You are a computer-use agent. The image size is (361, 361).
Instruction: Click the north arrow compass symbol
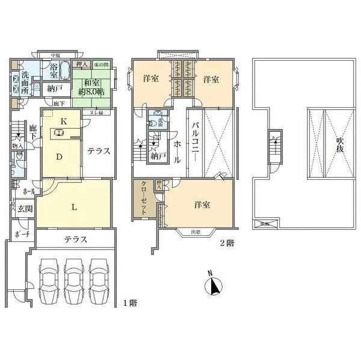click(x=214, y=286)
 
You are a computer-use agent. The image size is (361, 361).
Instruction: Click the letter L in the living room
click(x=73, y=208)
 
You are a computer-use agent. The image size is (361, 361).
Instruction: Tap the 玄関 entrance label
click(x=25, y=209)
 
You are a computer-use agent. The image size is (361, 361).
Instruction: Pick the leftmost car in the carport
click(x=48, y=277)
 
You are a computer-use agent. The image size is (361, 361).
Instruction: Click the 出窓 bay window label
click(x=196, y=232)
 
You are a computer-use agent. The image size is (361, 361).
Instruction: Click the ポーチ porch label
click(x=22, y=235)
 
